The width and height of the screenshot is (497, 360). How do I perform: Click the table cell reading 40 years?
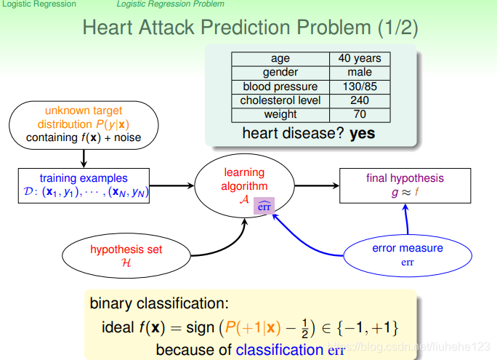coord(360,59)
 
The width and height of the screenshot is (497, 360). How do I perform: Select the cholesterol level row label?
coord(280,100)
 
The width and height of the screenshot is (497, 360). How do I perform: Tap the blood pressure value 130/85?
coord(360,87)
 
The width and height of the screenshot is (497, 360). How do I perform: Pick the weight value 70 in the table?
coord(360,114)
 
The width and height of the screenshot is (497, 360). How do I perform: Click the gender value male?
coord(360,72)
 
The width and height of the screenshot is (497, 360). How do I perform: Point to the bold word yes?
coord(363,134)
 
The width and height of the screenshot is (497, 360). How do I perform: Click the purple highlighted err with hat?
coord(264,206)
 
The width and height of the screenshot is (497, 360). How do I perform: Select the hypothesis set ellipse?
coord(126,256)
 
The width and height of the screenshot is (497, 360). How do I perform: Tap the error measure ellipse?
coord(408,255)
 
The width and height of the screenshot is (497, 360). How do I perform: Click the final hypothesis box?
coord(405,185)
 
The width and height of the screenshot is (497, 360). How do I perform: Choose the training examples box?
coord(84,185)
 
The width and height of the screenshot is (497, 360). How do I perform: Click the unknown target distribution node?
coord(84,125)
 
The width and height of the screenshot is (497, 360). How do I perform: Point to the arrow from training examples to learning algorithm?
coord(171,185)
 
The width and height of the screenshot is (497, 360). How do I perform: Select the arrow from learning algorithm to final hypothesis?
coord(317,185)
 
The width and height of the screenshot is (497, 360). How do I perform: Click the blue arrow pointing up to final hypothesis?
coord(406,219)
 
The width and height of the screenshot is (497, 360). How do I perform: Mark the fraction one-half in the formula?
coord(304,328)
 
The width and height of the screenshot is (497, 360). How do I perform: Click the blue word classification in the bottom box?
coord(280,350)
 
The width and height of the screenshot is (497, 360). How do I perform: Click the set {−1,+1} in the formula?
coord(368,328)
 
